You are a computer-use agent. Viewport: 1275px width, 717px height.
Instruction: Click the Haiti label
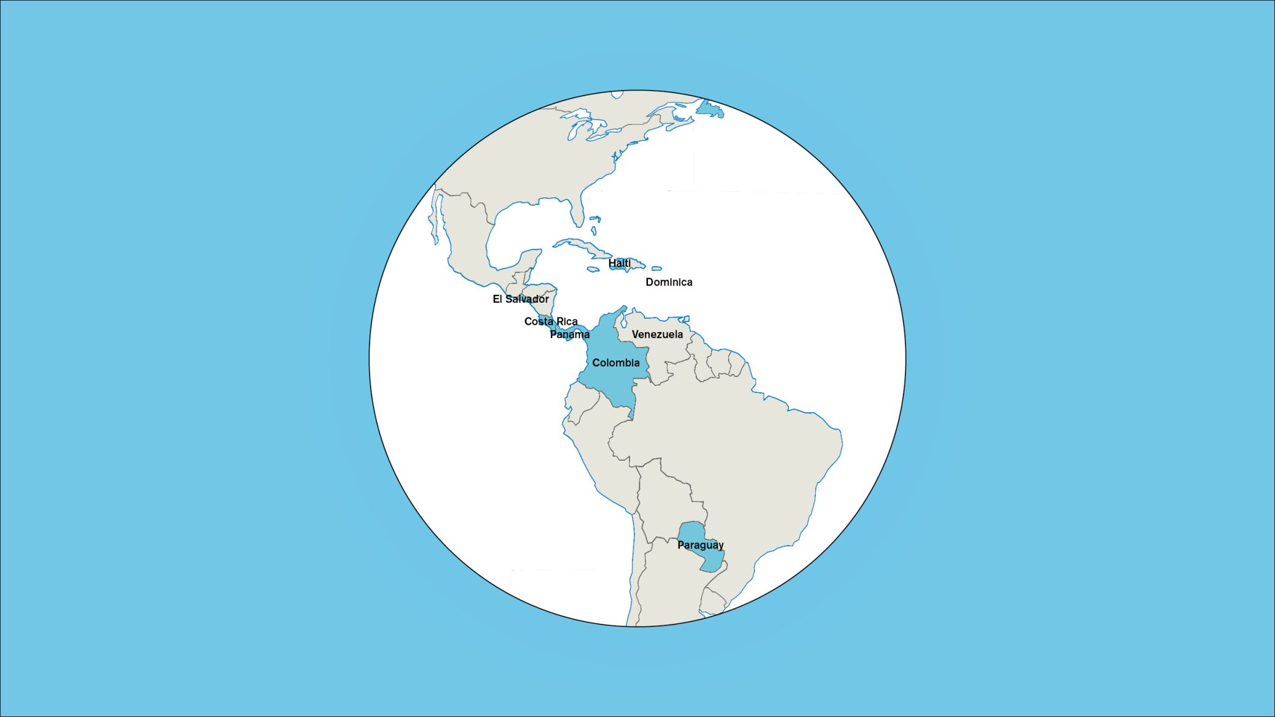(619, 264)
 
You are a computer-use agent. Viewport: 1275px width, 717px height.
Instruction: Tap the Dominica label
(669, 283)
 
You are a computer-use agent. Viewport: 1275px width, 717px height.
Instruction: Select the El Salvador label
(520, 299)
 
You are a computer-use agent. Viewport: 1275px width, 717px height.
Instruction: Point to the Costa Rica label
(550, 322)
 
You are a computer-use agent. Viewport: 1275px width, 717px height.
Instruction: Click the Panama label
(569, 335)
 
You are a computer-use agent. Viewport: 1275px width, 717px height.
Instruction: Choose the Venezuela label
(657, 335)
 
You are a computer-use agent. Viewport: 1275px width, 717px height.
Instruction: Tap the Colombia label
(615, 363)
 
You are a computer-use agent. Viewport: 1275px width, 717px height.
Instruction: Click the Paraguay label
(700, 545)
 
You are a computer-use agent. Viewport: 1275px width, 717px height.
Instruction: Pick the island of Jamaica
(593, 269)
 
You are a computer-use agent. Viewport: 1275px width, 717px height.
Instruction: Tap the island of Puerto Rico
(657, 268)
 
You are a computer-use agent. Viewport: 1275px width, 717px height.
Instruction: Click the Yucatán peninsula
(528, 260)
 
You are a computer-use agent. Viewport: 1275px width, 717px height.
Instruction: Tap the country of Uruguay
(712, 601)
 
